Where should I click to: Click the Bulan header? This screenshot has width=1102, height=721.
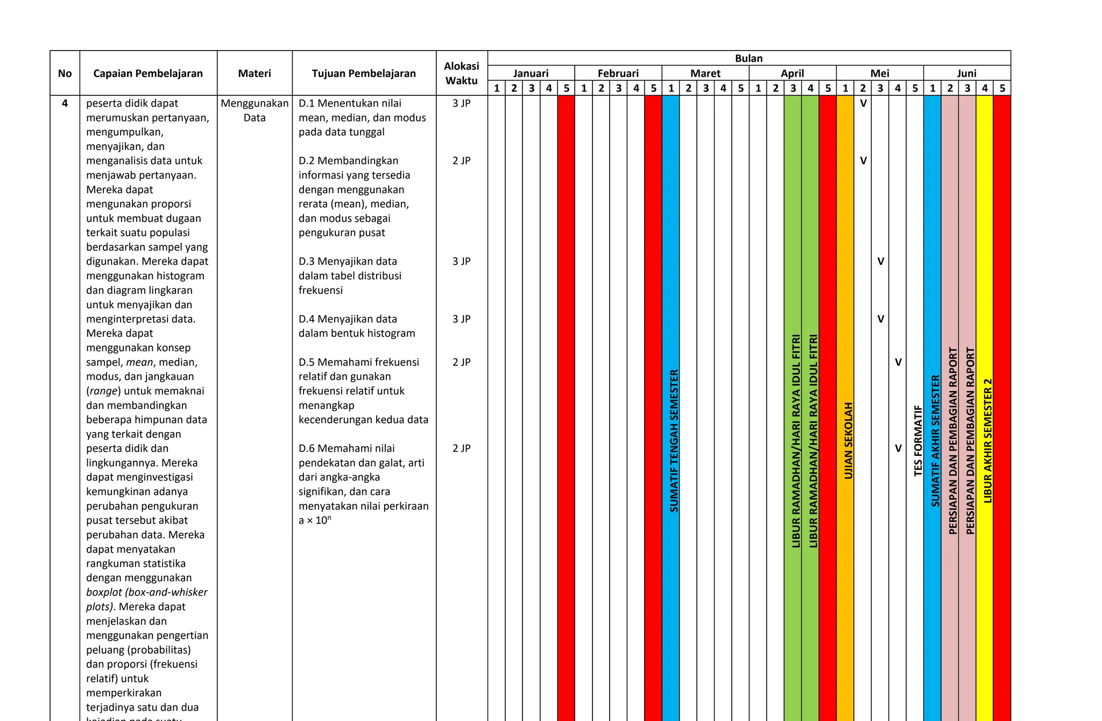(748, 58)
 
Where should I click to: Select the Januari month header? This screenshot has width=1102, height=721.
(531, 73)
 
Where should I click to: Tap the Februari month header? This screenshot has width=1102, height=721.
(618, 73)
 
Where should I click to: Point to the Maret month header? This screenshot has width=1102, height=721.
(705, 73)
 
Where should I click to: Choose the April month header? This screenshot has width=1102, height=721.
(792, 73)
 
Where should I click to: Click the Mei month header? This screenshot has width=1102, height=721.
(880, 73)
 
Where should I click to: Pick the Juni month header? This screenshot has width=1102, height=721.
(966, 73)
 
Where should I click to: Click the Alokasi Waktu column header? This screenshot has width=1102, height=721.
(461, 73)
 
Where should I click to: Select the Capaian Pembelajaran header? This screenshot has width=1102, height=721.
(148, 73)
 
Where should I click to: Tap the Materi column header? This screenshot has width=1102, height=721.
(255, 73)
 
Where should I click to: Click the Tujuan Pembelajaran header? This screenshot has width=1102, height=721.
(364, 73)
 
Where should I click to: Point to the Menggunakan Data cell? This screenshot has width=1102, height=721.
(255, 110)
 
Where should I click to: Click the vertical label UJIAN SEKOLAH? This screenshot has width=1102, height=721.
(848, 440)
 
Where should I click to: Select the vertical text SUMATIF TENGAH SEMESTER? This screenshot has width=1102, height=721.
(674, 440)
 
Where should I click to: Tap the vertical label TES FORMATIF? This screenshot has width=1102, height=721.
(918, 440)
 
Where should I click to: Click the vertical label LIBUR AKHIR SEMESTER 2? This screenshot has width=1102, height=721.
(987, 440)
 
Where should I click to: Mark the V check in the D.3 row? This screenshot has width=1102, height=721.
(880, 261)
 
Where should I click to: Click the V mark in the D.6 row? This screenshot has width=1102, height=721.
(898, 448)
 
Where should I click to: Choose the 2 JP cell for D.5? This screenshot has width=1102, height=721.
(461, 362)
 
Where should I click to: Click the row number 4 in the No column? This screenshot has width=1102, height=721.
(65, 103)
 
